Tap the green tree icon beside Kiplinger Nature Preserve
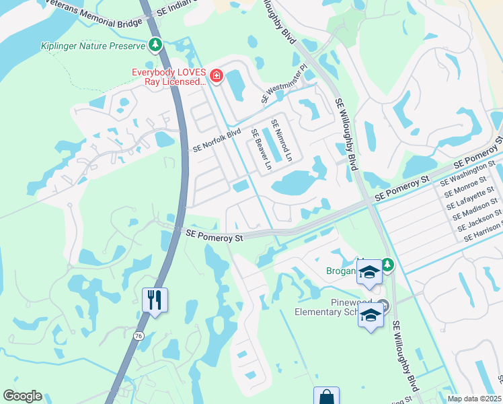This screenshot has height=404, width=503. pos(156,45)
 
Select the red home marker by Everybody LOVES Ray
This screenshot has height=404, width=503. pos(217,75)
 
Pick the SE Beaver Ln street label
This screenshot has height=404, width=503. pos(261,149)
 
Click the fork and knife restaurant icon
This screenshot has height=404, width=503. pos(155,300)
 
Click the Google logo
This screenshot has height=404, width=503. pos(22,396)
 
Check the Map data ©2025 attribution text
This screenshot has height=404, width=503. pos(474,399)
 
